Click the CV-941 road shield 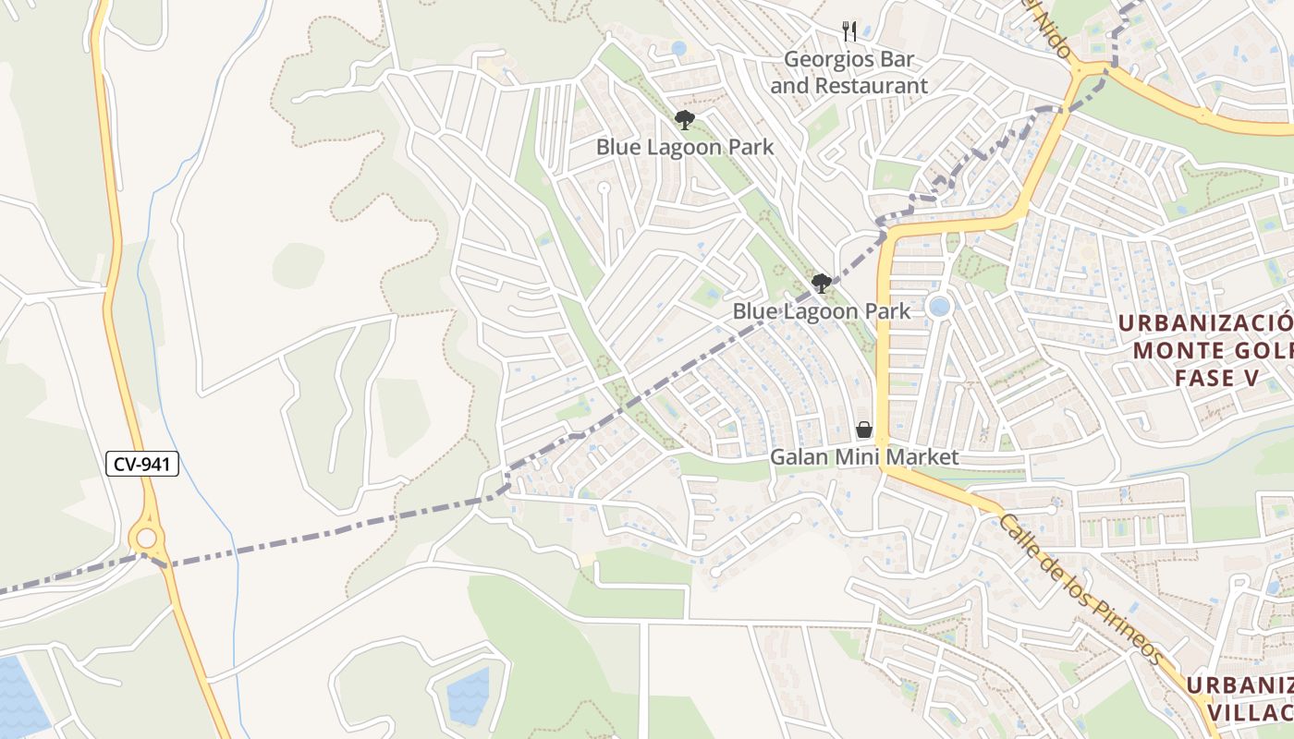click(142, 464)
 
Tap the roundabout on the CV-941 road click(146, 538)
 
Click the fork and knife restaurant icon click(849, 32)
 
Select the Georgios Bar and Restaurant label click(848, 73)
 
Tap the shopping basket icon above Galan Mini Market click(864, 430)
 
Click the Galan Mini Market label click(864, 457)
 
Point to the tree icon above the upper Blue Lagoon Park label click(684, 119)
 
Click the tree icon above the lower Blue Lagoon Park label click(821, 284)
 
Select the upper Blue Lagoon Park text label click(684, 147)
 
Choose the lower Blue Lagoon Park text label click(821, 311)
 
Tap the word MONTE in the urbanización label click(1170, 351)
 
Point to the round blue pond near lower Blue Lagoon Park click(939, 306)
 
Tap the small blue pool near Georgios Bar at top click(678, 47)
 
